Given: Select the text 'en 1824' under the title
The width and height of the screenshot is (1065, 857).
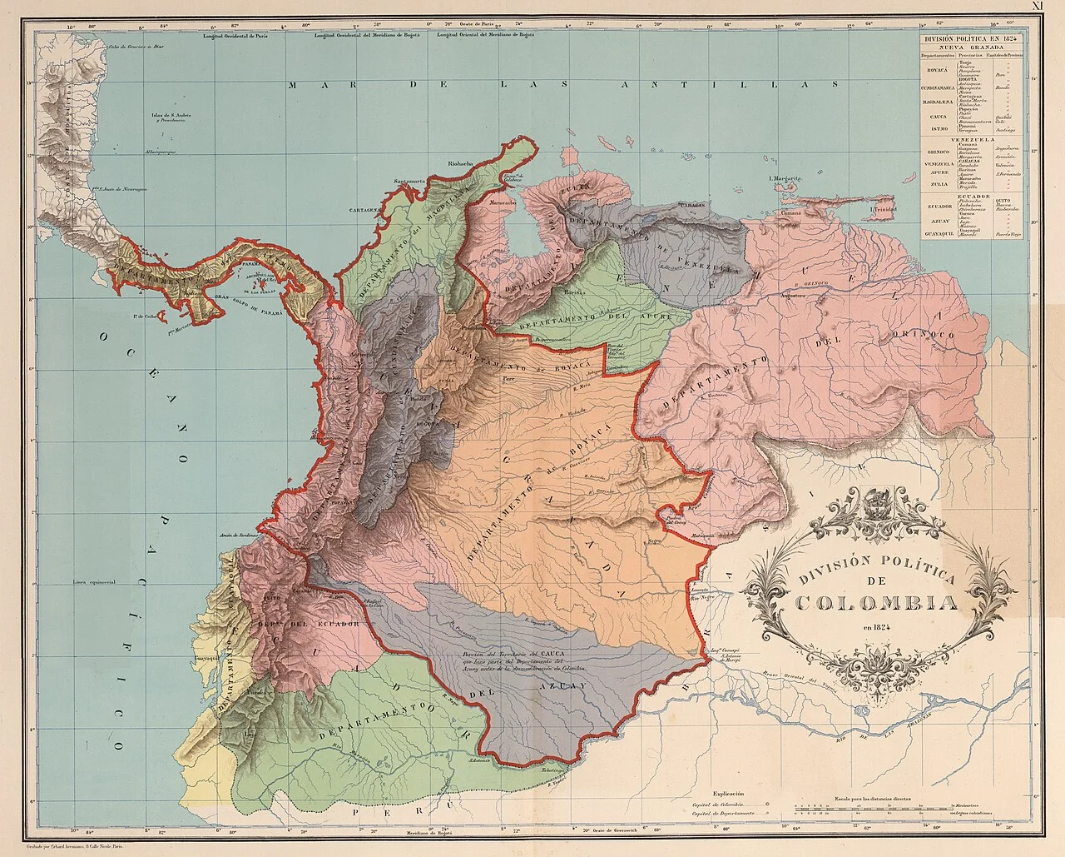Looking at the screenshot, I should [x=874, y=626].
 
